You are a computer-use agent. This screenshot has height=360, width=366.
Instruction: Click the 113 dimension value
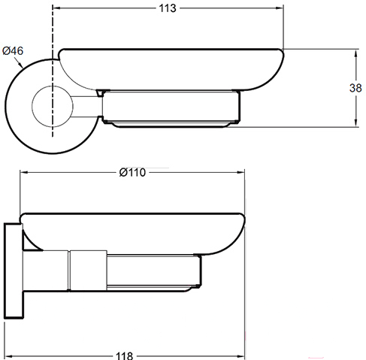(168, 8)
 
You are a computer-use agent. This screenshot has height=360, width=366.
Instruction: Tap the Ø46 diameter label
(13, 51)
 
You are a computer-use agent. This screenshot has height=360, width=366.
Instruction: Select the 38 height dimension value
(355, 88)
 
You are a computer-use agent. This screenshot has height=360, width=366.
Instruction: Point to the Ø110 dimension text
(132, 172)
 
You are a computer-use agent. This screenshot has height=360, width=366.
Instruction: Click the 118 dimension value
(124, 355)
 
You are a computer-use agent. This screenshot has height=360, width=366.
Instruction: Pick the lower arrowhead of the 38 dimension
(355, 123)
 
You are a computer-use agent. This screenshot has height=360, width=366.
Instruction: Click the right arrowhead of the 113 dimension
(279, 8)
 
